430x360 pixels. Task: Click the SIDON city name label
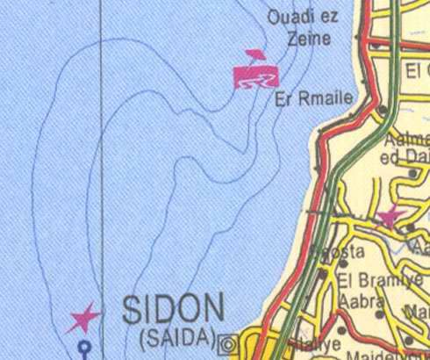[x=173, y=310]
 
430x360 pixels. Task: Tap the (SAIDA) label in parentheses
[x=176, y=336]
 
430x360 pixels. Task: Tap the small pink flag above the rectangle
[x=255, y=55]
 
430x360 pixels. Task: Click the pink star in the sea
[x=85, y=317]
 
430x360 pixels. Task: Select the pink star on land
[x=388, y=216]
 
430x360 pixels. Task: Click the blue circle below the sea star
[x=85, y=347]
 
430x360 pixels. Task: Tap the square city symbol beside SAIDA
[x=231, y=342]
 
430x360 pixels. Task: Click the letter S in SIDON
[x=133, y=310]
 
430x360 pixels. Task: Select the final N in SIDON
[x=212, y=310]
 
